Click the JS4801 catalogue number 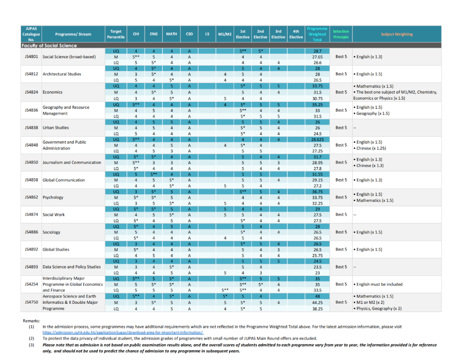[31, 57]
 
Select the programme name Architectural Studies [62, 74]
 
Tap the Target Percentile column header [116, 34]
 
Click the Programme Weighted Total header [317, 34]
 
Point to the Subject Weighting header [397, 34]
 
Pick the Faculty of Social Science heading [49, 46]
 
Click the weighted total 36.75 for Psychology [317, 191]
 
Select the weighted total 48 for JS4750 [317, 296]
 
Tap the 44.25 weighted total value [317, 302]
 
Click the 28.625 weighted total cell [317, 140]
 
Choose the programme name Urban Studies [56, 128]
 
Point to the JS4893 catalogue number [31, 267]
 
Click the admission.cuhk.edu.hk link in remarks [123, 332]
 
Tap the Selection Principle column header [341, 34]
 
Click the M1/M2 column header [225, 34]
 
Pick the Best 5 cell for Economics [341, 92]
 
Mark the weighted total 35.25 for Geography [317, 104]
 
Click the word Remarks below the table [31, 321]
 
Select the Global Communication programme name [64, 180]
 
